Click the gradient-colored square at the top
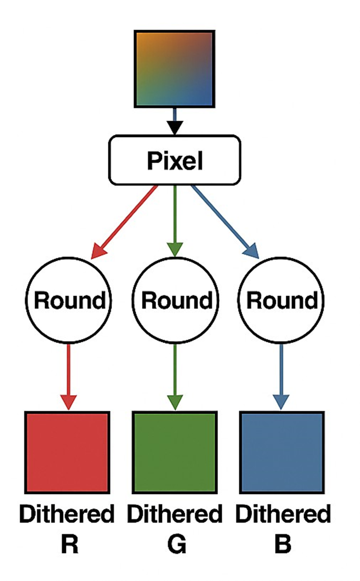pyautogui.click(x=174, y=69)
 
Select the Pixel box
pyautogui.click(x=174, y=160)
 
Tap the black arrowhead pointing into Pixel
pyautogui.click(x=174, y=127)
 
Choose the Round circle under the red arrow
pyautogui.click(x=68, y=301)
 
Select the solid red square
pyautogui.click(x=67, y=452)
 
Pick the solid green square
pyautogui.click(x=174, y=452)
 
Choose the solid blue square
pyautogui.click(x=282, y=452)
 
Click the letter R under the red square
pyautogui.click(x=68, y=545)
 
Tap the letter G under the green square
pyautogui.click(x=175, y=545)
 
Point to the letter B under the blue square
pyautogui.click(x=283, y=545)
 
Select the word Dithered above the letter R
pyautogui.click(x=67, y=515)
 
